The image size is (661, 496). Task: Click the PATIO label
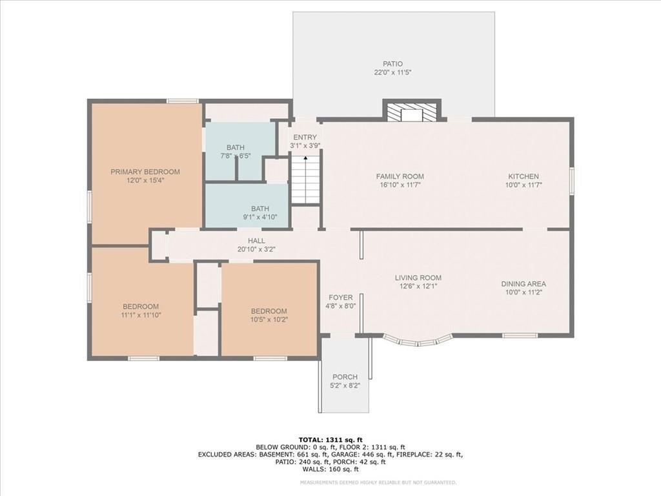392,64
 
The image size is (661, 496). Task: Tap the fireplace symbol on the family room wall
411,110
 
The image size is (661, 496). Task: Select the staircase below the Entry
305,180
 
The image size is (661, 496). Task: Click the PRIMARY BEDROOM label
145,172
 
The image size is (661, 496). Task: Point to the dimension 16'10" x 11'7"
400,185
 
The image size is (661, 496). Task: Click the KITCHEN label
523,176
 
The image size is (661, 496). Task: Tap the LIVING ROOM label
418,278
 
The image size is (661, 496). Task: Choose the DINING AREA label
523,284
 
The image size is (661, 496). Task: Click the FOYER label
341,298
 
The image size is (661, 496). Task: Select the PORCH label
345,377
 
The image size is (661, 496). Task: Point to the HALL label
256,241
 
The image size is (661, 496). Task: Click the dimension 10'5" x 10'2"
269,319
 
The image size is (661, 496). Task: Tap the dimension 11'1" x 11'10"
141,315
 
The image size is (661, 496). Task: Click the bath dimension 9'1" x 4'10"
259,217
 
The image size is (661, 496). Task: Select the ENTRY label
305,137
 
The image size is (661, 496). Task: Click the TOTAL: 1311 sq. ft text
330,439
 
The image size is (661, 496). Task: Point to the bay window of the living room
418,340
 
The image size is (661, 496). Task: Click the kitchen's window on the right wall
572,181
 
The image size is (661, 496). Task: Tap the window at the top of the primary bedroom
182,101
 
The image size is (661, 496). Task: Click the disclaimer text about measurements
378,482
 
